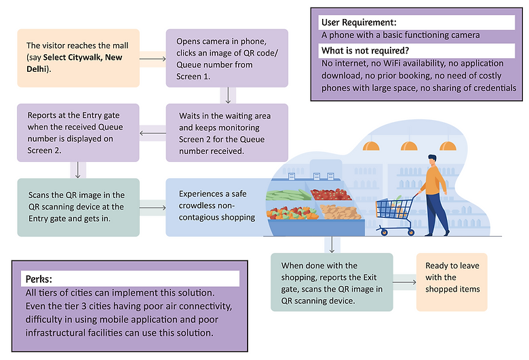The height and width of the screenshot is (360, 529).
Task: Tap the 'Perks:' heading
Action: (x=41, y=279)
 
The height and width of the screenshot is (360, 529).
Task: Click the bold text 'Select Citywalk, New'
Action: (x=83, y=58)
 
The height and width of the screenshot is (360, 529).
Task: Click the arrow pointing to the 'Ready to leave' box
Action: (x=404, y=279)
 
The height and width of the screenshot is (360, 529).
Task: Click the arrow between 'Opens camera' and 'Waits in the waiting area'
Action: (x=227, y=95)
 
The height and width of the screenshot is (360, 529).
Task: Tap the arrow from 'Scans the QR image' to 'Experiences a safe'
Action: (x=153, y=207)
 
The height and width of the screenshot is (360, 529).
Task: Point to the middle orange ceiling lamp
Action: (x=409, y=144)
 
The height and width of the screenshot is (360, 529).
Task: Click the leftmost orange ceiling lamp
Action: (x=370, y=144)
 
